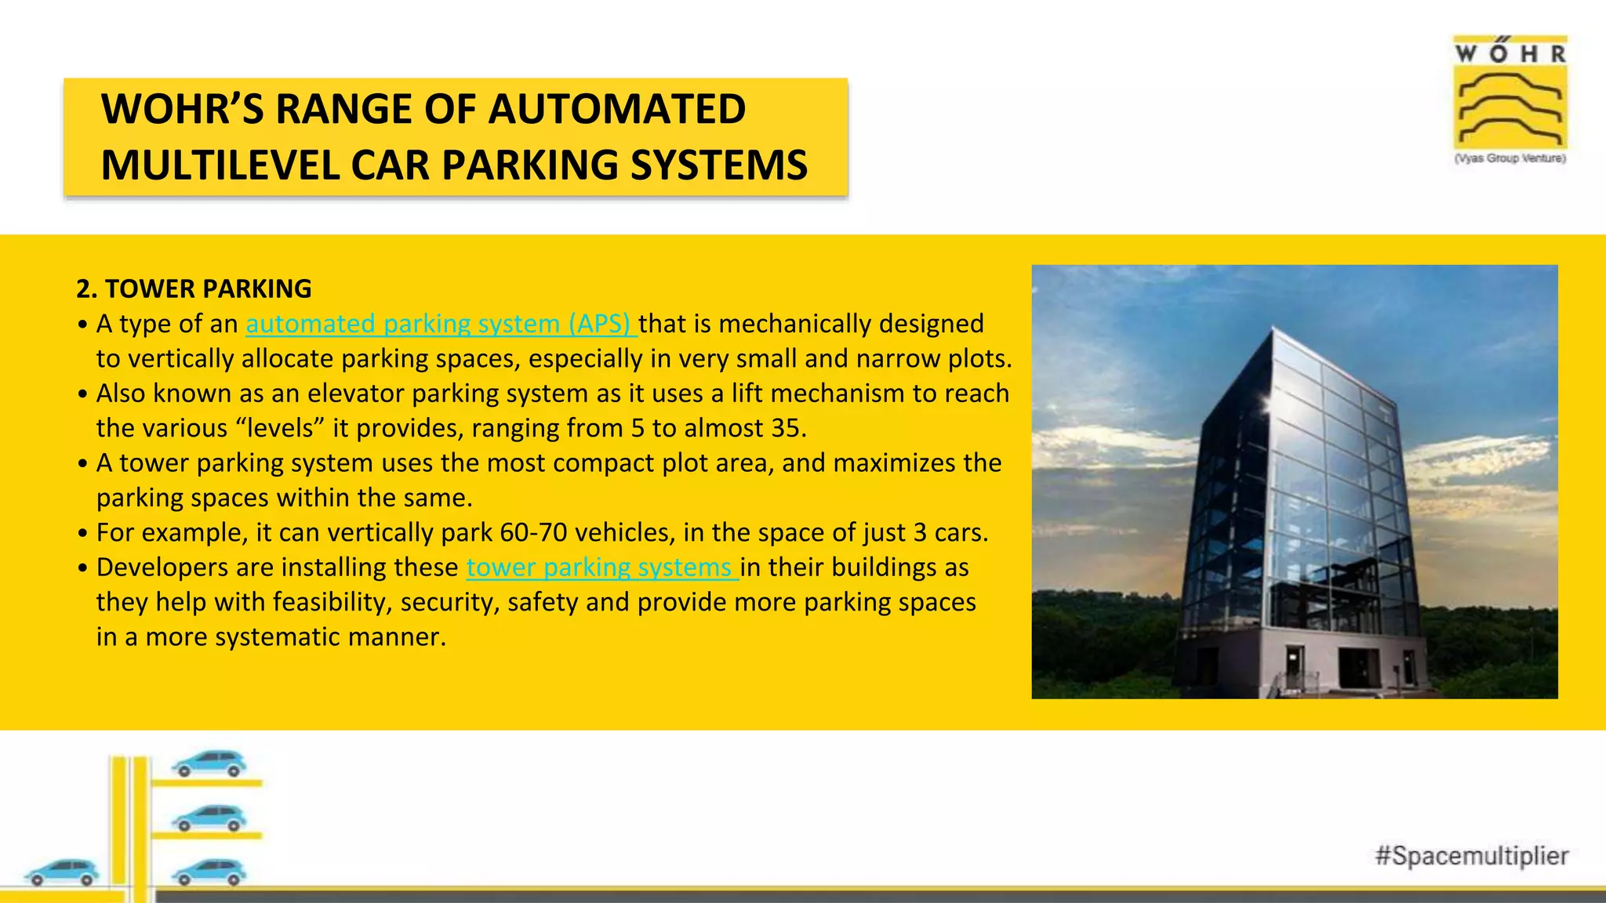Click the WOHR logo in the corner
click(1510, 93)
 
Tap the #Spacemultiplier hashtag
click(1471, 855)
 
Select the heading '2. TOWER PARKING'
click(194, 288)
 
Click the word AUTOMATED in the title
click(616, 109)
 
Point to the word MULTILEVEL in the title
click(220, 165)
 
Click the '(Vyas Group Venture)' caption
click(1510, 158)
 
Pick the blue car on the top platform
click(209, 763)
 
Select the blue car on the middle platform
click(209, 818)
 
